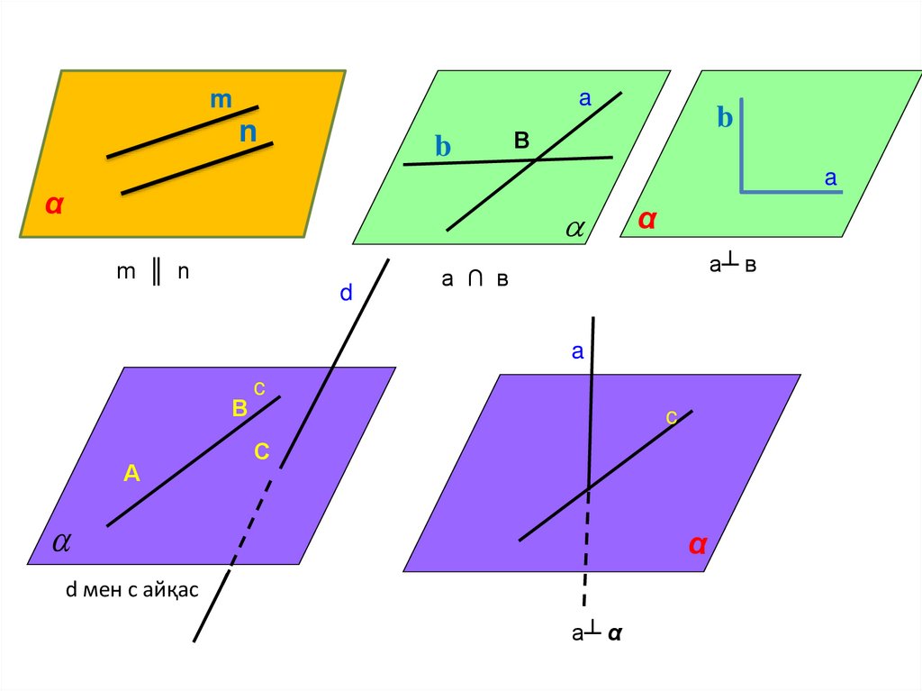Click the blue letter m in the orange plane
tap(221, 101)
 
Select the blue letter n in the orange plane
tap(248, 133)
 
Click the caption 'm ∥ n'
tap(153, 272)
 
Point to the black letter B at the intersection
tap(522, 141)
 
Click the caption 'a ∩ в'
tap(475, 280)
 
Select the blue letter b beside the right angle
tap(725, 119)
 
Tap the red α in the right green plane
tap(646, 219)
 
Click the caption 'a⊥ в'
tap(732, 265)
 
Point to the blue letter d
tap(345, 294)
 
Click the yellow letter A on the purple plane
tap(131, 472)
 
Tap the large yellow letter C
tap(261, 452)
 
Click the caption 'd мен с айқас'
tap(131, 591)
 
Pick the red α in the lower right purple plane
tap(697, 544)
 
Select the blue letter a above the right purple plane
tap(578, 352)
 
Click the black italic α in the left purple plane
tap(61, 541)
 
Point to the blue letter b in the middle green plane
tap(442, 148)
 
